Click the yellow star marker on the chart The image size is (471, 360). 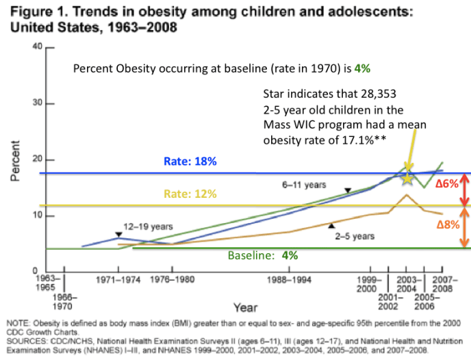pyautogui.click(x=407, y=177)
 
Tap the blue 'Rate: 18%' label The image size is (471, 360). pyautogui.click(x=190, y=162)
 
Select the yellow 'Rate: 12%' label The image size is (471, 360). pyautogui.click(x=190, y=194)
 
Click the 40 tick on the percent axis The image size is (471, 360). pyautogui.click(x=38, y=47)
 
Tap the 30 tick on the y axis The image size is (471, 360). pyautogui.click(x=38, y=103)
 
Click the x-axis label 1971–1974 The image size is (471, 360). pyautogui.click(x=118, y=280)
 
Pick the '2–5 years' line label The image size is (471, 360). pyautogui.click(x=355, y=236)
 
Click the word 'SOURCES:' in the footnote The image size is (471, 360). pyautogui.click(x=25, y=339)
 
